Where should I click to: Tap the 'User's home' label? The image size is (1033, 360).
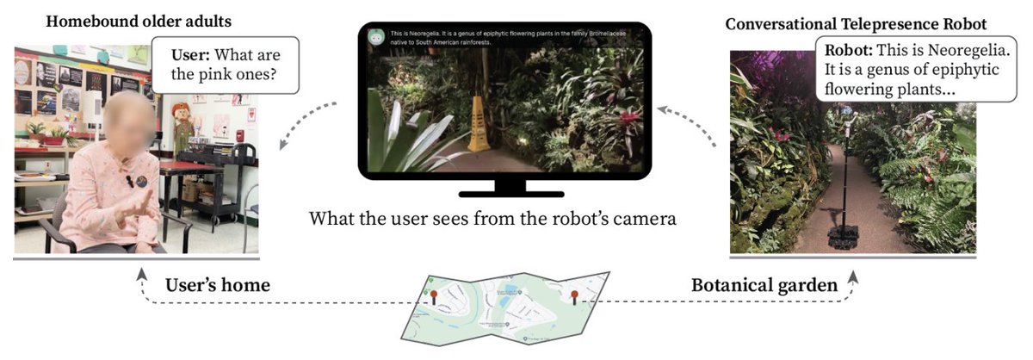pos(218,285)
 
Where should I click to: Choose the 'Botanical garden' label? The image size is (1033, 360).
pos(764,285)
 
